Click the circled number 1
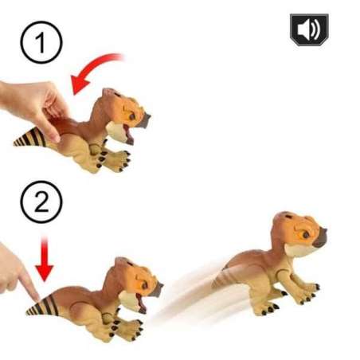click(x=41, y=42)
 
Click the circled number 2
click(x=41, y=202)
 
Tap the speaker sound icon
click(x=309, y=29)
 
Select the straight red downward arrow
click(x=45, y=259)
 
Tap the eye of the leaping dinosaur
click(x=306, y=235)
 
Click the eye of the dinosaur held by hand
click(x=132, y=116)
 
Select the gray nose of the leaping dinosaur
click(x=320, y=237)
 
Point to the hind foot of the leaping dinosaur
click(x=267, y=308)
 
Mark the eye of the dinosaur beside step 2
click(x=144, y=286)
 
